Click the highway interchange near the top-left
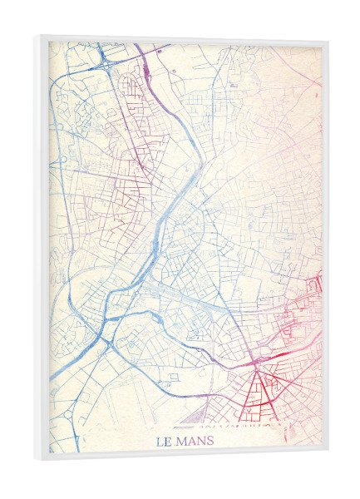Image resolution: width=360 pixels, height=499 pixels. (105, 59)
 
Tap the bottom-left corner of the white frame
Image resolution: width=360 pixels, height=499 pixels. (37, 459)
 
